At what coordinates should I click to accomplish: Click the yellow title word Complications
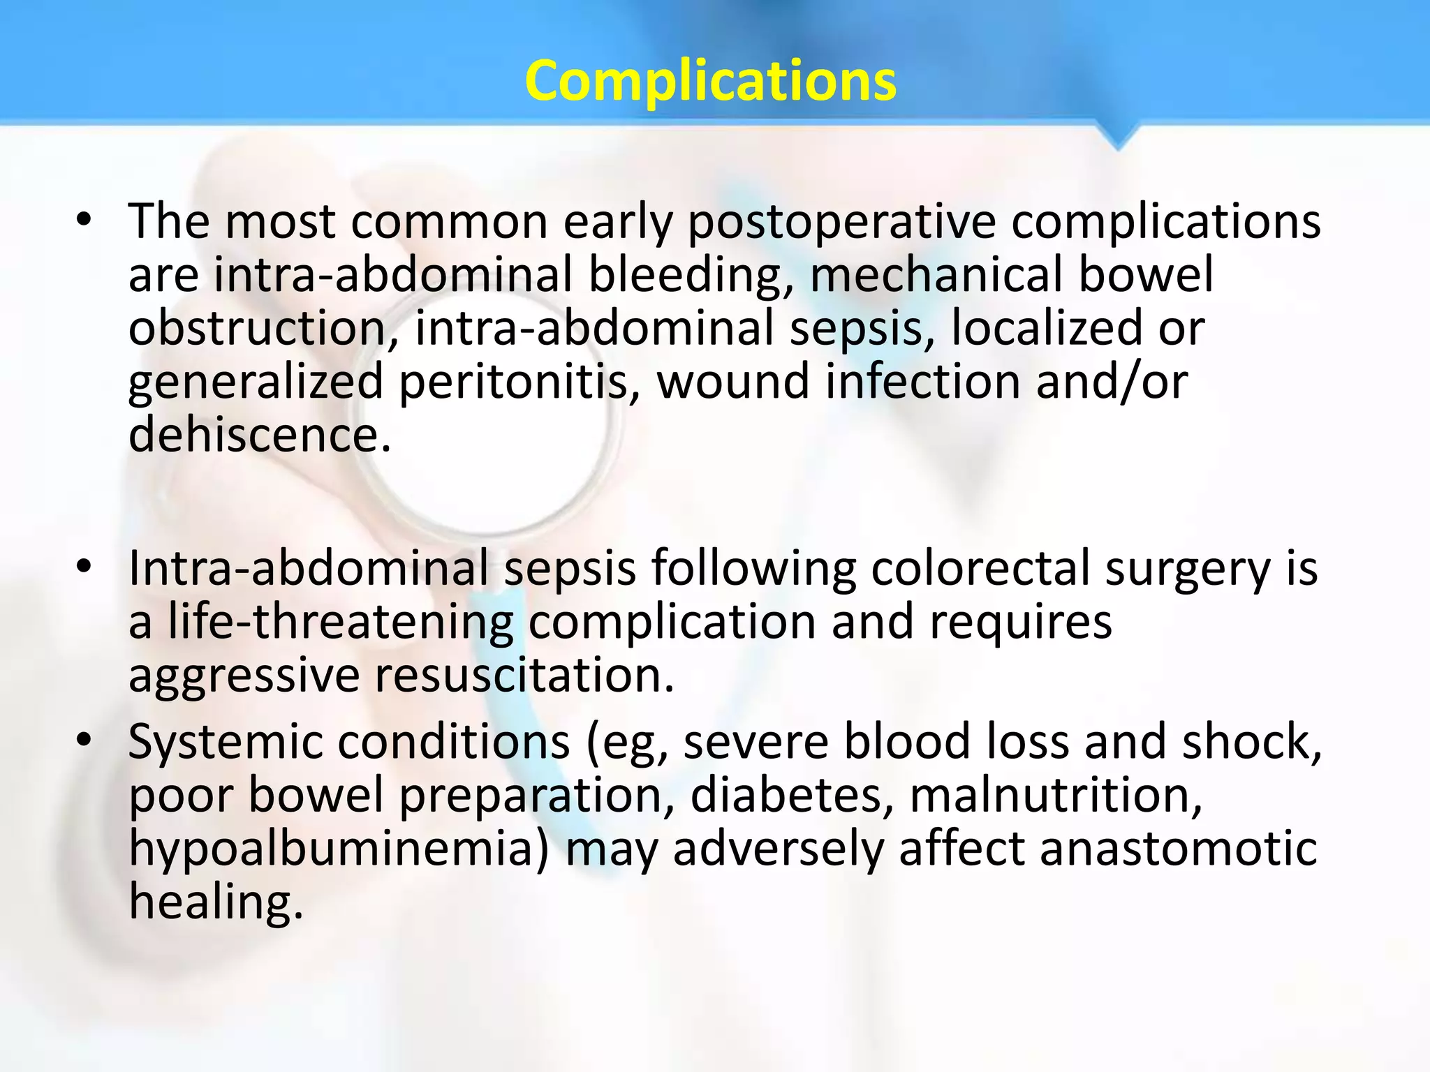[710, 80]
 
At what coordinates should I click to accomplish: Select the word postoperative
[841, 222]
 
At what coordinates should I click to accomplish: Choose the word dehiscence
[259, 434]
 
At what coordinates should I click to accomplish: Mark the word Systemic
[225, 742]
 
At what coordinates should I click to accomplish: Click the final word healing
[216, 902]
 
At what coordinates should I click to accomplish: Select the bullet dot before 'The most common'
[84, 221]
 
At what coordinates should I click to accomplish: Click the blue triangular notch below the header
[1118, 136]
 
